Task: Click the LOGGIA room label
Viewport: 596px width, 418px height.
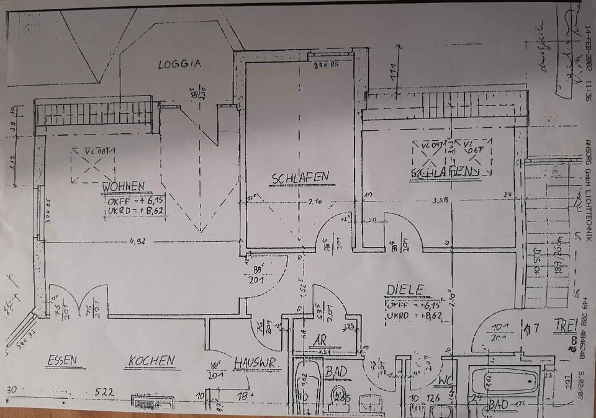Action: coord(179,64)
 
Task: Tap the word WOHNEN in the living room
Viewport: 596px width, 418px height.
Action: coord(124,185)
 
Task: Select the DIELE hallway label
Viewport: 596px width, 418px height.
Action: coord(405,289)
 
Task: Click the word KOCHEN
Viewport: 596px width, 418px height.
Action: coord(151,360)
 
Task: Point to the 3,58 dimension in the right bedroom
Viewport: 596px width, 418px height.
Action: coord(440,200)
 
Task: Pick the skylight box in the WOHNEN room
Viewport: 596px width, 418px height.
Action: coord(93,165)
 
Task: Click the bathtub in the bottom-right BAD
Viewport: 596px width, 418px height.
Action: coord(503,380)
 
